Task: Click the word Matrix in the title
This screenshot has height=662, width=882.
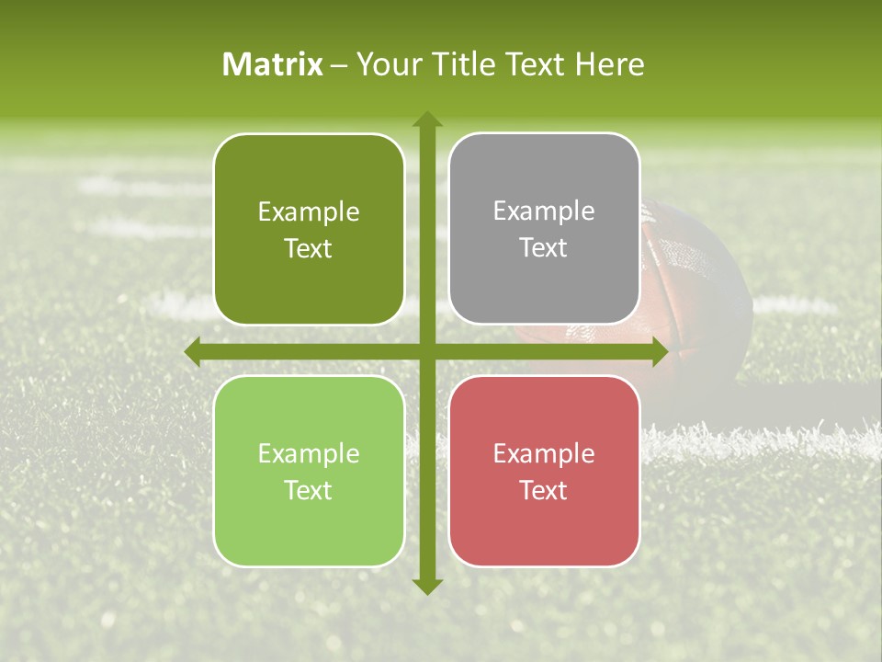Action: click(x=273, y=64)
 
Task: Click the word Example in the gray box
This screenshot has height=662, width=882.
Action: click(x=544, y=211)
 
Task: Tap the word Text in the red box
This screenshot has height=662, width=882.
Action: click(x=544, y=490)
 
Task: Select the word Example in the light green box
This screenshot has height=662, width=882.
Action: click(x=309, y=453)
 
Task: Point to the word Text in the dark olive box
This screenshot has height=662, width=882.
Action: click(x=309, y=249)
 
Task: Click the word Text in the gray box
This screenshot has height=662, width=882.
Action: click(x=544, y=248)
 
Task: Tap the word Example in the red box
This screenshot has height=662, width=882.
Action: click(x=544, y=453)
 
